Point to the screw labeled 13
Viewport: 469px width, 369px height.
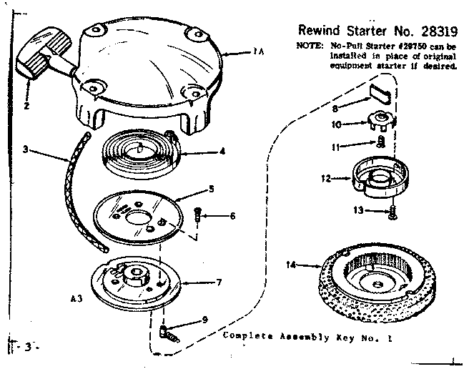click(393, 210)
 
